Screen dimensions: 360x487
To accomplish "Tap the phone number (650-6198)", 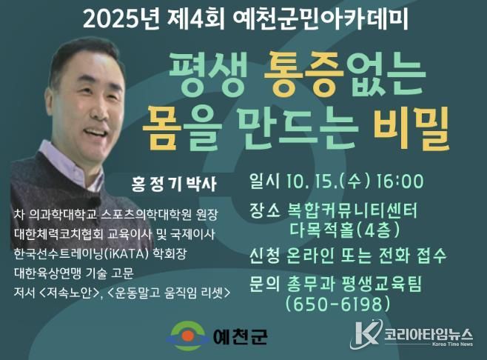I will [337, 304].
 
